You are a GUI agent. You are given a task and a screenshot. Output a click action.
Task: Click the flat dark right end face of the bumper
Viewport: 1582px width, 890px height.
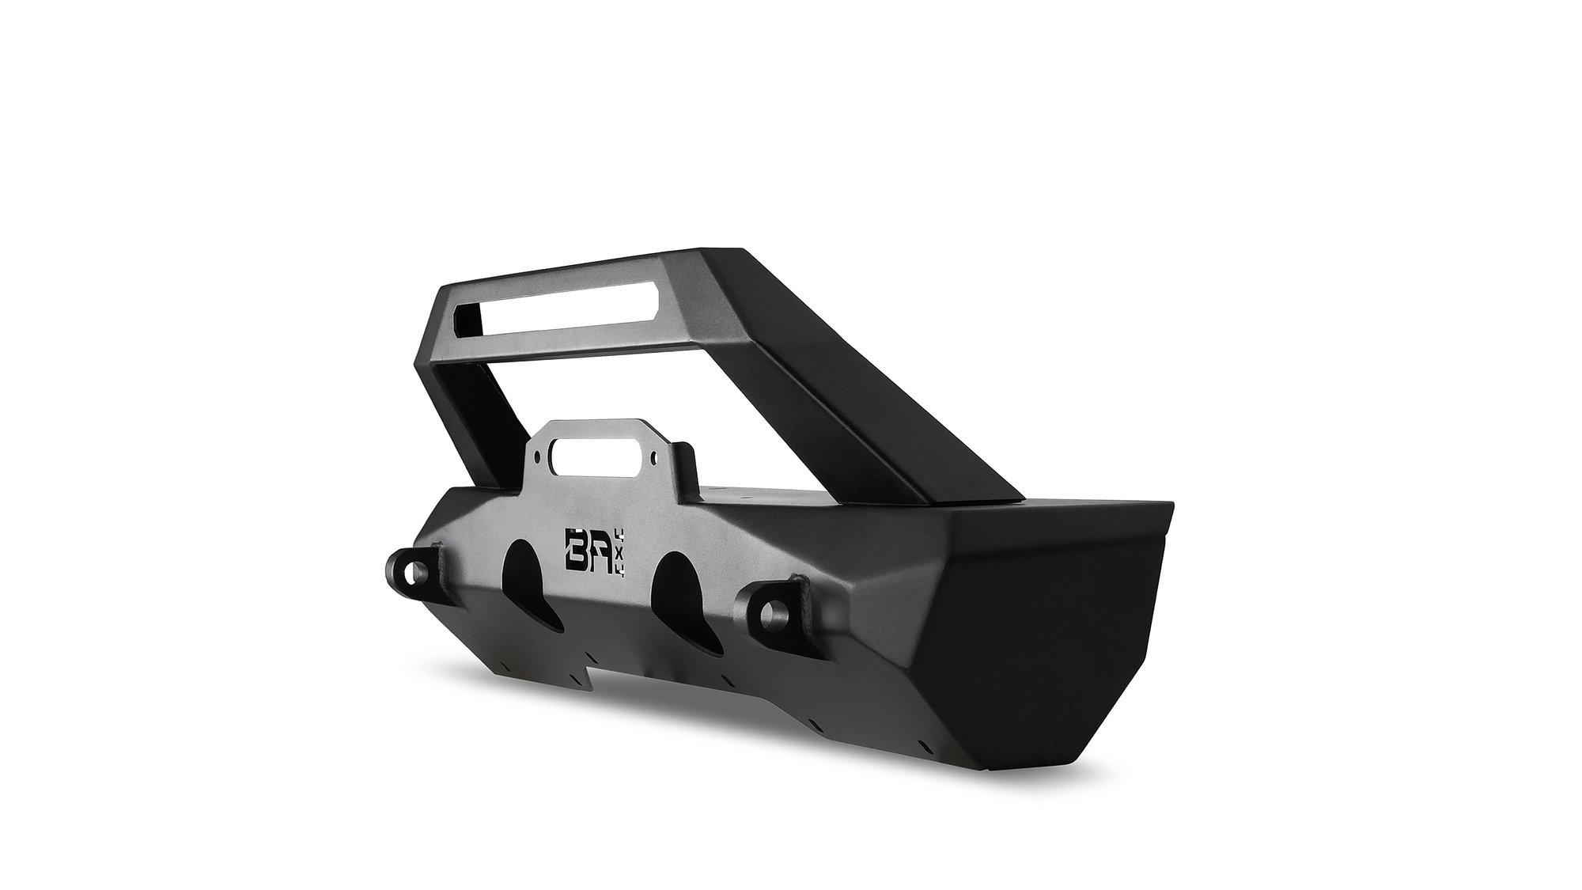(x=1052, y=633)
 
